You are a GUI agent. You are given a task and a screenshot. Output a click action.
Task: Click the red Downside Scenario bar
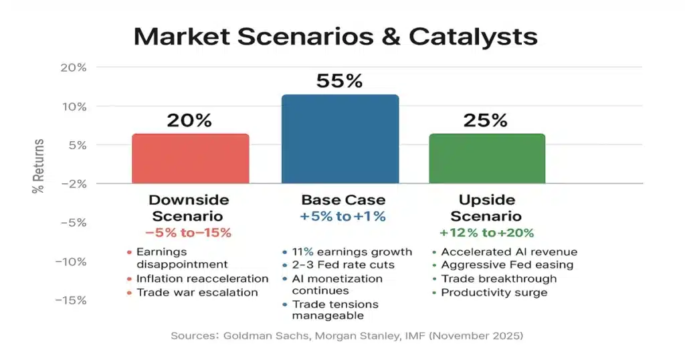click(191, 159)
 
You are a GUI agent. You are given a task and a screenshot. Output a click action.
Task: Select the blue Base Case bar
click(340, 139)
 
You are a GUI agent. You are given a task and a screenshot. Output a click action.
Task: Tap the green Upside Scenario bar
click(487, 159)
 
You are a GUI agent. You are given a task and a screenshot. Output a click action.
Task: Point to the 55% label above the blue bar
click(339, 81)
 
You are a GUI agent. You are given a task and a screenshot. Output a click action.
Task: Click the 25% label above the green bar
click(486, 120)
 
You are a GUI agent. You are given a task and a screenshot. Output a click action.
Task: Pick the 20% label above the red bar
click(189, 120)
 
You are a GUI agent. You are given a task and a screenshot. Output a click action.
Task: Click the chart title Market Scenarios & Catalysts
click(335, 36)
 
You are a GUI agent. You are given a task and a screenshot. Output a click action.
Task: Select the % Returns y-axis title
click(38, 166)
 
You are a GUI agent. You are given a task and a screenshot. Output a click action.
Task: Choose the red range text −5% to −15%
click(189, 233)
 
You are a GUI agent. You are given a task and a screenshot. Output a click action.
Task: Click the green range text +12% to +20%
click(486, 233)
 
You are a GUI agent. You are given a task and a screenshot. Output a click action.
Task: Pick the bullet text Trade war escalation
click(197, 292)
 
